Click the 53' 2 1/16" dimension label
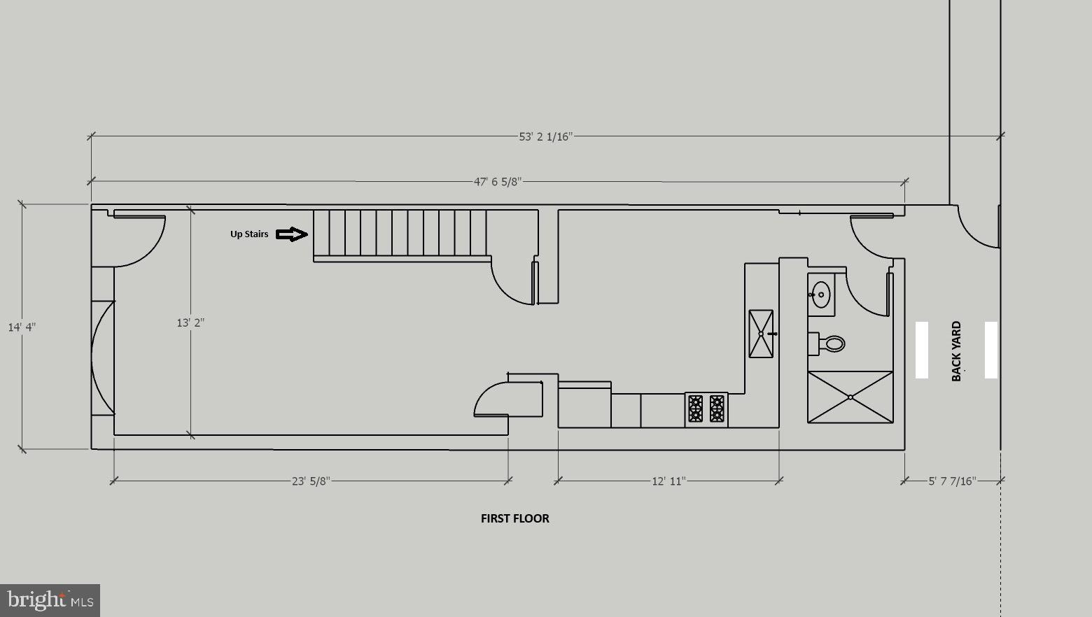point(545,136)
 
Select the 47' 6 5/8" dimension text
point(498,182)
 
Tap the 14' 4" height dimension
point(22,327)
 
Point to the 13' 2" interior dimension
point(190,322)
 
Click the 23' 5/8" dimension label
point(311,481)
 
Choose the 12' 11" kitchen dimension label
point(669,481)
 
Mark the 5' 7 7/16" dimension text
point(952,481)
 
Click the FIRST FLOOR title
point(514,518)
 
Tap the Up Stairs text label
point(249,234)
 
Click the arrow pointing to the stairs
point(291,234)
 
